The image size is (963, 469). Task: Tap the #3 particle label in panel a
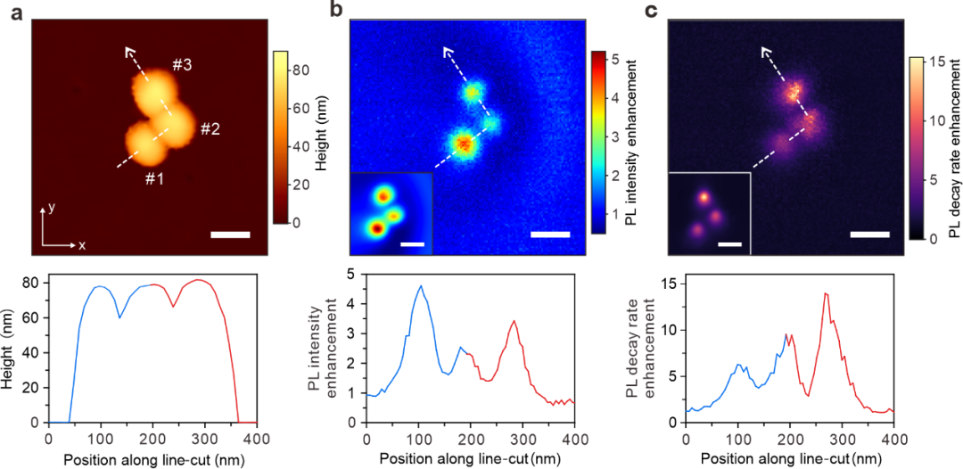[x=185, y=65]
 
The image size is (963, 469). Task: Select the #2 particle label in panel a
[x=210, y=128]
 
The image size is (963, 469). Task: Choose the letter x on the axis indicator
[x=81, y=243]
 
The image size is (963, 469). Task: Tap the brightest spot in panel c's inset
[x=704, y=197]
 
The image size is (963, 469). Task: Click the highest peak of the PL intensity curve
[x=421, y=286]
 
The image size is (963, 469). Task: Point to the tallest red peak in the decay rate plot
[x=826, y=293]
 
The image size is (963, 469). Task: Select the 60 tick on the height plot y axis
[x=34, y=317]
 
